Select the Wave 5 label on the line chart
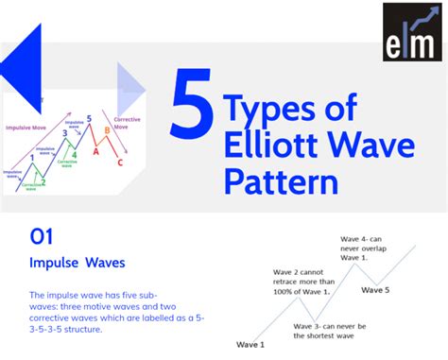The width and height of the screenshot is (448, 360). click(x=374, y=290)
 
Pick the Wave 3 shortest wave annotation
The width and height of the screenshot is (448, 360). click(x=336, y=332)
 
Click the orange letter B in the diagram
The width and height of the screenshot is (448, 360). click(x=107, y=131)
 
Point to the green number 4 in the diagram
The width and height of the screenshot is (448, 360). click(x=75, y=153)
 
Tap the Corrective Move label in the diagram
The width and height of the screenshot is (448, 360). click(x=127, y=122)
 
